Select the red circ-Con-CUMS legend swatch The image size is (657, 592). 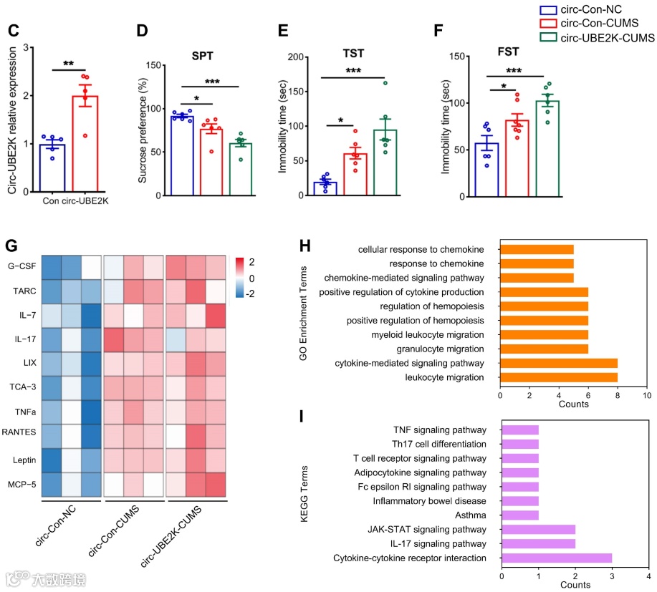coord(549,24)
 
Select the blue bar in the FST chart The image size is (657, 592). coord(487,169)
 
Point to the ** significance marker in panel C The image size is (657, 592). coord(68,64)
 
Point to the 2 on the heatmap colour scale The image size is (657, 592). coord(250,261)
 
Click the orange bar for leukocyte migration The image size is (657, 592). coord(559,377)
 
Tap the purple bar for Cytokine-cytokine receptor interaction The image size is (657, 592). coord(556,558)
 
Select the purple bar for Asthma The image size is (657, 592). coord(520,515)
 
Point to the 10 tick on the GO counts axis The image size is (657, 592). coord(647,395)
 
